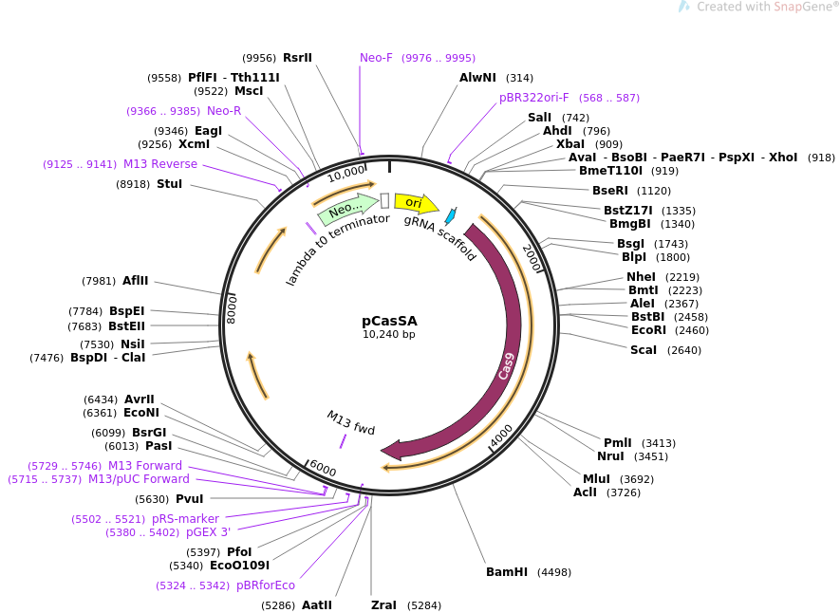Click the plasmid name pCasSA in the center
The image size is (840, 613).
pyautogui.click(x=389, y=321)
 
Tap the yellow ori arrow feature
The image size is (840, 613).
pyautogui.click(x=415, y=202)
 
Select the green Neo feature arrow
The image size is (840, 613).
pyautogui.click(x=346, y=208)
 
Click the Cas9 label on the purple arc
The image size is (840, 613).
pyautogui.click(x=508, y=366)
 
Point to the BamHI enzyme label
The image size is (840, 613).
pyautogui.click(x=507, y=572)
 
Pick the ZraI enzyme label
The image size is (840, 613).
pyautogui.click(x=383, y=605)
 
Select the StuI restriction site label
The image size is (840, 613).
pyautogui.click(x=169, y=184)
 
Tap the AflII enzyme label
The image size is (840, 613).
pyautogui.click(x=136, y=281)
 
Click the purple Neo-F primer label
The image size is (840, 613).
pyautogui.click(x=376, y=58)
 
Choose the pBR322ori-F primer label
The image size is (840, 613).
pyautogui.click(x=534, y=98)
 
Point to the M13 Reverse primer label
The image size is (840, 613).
pyautogui.click(x=160, y=164)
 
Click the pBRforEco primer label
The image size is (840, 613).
pyautogui.click(x=266, y=585)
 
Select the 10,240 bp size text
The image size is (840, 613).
pyautogui.click(x=389, y=334)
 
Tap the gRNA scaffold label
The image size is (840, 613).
pyautogui.click(x=440, y=238)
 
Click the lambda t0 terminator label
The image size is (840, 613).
pyautogui.click(x=338, y=250)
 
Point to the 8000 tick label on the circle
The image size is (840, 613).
pyautogui.click(x=231, y=308)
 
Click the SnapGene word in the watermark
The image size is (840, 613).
pyautogui.click(x=801, y=7)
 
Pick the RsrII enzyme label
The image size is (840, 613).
pyautogui.click(x=297, y=58)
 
